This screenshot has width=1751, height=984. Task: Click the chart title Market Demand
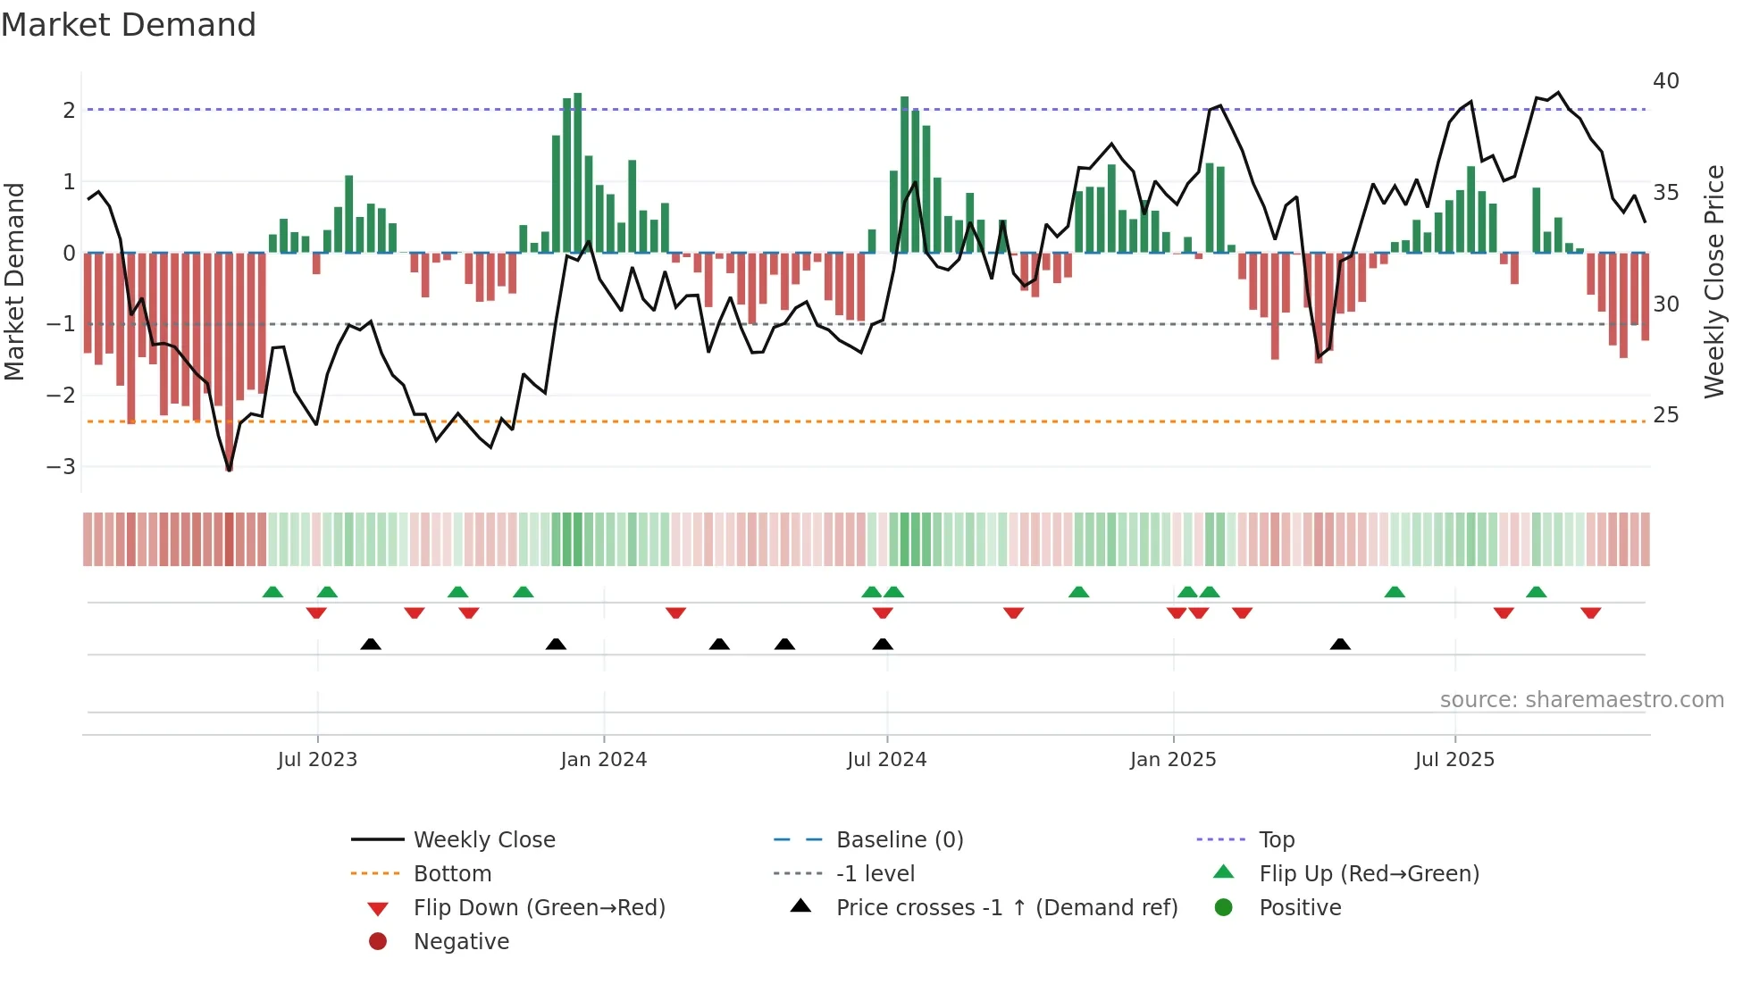point(129,25)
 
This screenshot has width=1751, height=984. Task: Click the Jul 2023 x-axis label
point(317,760)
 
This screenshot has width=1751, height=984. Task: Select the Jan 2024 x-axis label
point(604,760)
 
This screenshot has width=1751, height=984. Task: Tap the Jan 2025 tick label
point(1173,760)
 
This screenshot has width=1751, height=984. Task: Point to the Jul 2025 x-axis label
point(1454,760)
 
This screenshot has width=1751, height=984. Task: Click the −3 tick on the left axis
point(61,467)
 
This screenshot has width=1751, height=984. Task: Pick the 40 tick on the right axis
point(1666,81)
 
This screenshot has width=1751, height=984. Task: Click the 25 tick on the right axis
point(1666,415)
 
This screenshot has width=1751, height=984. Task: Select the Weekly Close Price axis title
point(1714,281)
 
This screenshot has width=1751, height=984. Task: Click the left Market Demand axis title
point(15,281)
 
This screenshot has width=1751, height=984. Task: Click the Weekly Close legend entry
point(483,840)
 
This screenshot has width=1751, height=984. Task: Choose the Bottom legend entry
point(452,874)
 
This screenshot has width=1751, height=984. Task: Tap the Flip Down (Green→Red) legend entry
point(539,908)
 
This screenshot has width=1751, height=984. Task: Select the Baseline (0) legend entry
point(900,840)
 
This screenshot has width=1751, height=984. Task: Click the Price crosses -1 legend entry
point(1006,908)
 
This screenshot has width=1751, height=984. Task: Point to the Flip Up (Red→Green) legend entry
point(1369,874)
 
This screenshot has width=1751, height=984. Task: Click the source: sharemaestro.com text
point(1581,700)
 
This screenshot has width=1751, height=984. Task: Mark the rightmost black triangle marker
point(1340,645)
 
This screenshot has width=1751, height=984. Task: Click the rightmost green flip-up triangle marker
point(1537,593)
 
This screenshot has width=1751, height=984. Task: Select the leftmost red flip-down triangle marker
point(316,613)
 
